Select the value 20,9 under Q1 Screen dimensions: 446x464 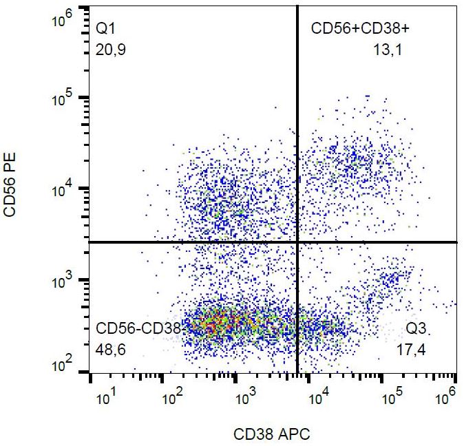(x=111, y=50)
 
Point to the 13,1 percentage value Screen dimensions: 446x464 (x=386, y=50)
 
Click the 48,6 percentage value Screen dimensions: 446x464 (x=111, y=350)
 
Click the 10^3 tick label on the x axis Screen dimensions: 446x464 (x=246, y=399)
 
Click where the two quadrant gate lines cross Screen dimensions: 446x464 (x=297, y=242)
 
